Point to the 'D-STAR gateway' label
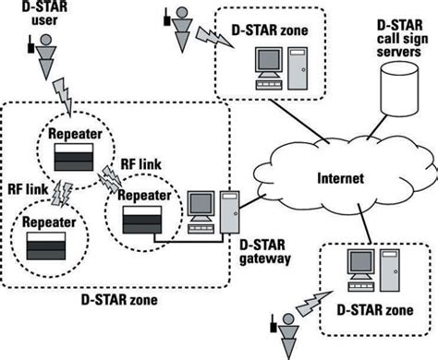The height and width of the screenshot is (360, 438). coord(265,252)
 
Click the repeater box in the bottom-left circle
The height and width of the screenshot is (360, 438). coord(48,246)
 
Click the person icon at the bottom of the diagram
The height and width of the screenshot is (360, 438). coord(289,331)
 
